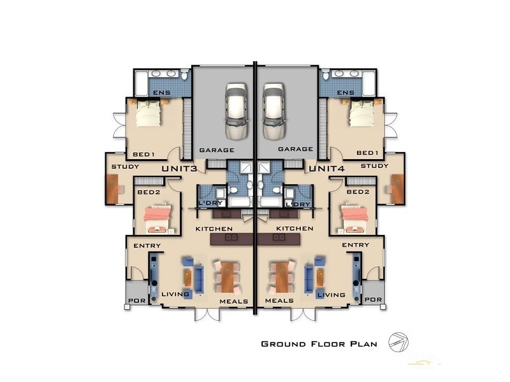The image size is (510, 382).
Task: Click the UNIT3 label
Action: (179, 169)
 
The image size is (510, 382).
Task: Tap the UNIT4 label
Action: (326, 169)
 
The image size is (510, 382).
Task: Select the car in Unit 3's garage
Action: (237, 111)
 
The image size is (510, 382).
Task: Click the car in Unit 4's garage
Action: (275, 111)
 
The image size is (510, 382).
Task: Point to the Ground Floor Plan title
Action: (319, 344)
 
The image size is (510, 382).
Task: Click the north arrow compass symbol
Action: (398, 343)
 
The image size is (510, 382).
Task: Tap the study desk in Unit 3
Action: (112, 189)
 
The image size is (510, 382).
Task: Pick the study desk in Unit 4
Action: (397, 189)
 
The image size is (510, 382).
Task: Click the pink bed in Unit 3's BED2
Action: (157, 218)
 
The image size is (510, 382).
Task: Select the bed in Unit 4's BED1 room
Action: (361, 114)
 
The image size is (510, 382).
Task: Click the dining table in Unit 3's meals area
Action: (228, 277)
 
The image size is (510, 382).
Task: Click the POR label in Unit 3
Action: (137, 301)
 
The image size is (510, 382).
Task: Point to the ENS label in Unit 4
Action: (346, 92)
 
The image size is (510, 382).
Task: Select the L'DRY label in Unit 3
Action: (210, 203)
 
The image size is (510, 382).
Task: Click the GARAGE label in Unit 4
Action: (296, 149)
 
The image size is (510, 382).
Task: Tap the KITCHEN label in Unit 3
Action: (214, 229)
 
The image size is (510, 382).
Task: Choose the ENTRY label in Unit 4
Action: (356, 245)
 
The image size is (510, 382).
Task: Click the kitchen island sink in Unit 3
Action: (231, 237)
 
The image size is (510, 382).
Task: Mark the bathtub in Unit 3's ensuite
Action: (141, 83)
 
